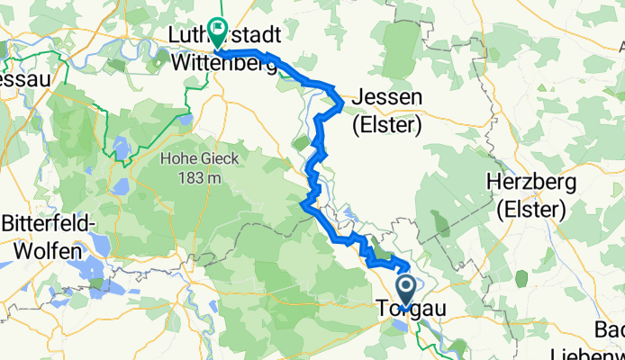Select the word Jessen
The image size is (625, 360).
pos(388,98)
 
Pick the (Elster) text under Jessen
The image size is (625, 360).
pos(388,125)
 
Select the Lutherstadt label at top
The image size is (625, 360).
pos(225,35)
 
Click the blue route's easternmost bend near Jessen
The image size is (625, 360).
pos(342,106)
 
